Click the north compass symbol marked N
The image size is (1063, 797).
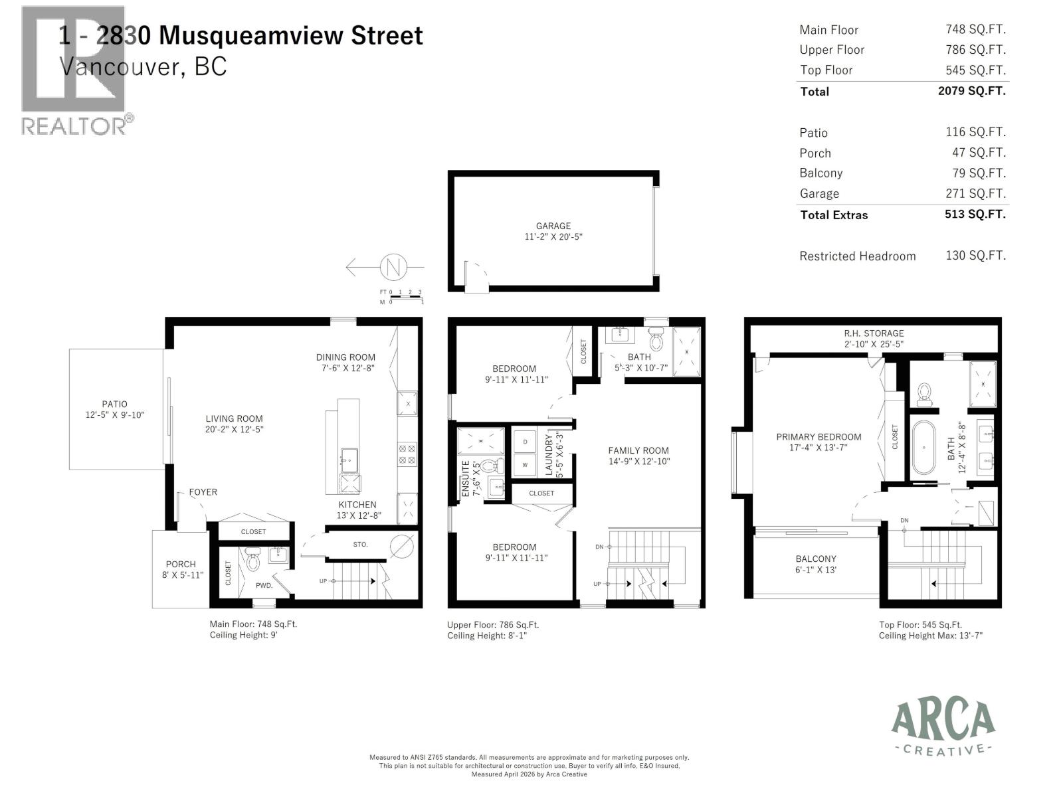pos(393,268)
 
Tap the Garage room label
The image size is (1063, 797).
pos(553,226)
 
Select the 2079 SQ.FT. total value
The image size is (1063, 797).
pos(971,91)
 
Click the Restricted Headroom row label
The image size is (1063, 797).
pos(857,256)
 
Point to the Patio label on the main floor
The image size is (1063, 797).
pos(114,404)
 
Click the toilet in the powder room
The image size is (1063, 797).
pos(252,559)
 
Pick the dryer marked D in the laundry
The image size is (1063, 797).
pos(525,442)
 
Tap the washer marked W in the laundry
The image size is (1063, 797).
pos(525,465)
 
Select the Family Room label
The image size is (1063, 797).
pos(638,450)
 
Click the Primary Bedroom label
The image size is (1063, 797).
pos(819,437)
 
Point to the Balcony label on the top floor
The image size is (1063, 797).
pos(816,559)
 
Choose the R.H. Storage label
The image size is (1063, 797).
pos(874,333)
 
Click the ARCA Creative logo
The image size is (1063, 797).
pos(943,728)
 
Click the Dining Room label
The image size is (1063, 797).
pos(345,357)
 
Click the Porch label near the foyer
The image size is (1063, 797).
pos(181,565)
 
